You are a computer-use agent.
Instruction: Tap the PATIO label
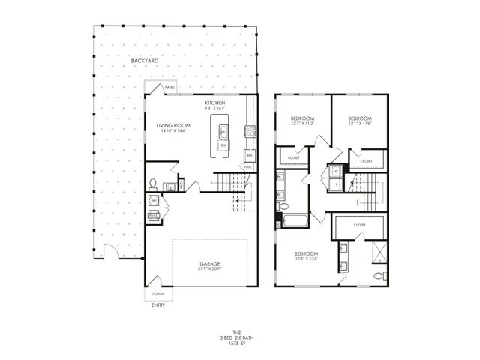[170, 88]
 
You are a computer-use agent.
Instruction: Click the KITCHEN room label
[216, 102]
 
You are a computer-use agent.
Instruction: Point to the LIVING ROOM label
[172, 127]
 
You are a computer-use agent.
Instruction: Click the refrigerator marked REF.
[249, 156]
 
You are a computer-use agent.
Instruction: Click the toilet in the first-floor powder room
[154, 183]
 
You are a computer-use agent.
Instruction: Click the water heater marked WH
[153, 200]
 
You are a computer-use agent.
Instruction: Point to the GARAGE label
[210, 264]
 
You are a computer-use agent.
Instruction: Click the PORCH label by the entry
[158, 293]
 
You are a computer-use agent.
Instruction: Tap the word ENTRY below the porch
[158, 305]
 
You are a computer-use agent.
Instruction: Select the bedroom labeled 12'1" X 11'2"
[301, 121]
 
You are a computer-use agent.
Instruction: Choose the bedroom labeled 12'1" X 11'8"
[360, 121]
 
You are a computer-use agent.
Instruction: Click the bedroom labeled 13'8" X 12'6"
[306, 256]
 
